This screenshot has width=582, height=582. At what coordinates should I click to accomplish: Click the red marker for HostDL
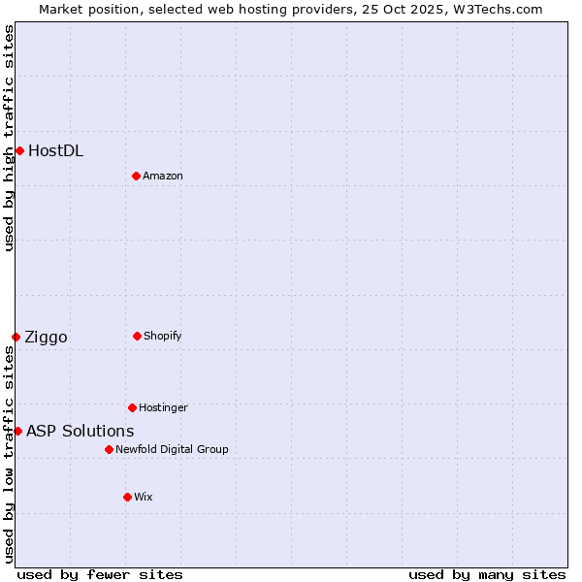(19, 150)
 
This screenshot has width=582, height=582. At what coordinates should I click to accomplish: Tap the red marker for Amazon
(136, 176)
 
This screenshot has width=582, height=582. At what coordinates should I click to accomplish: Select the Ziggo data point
(16, 337)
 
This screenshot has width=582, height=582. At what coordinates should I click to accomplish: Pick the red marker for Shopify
(137, 336)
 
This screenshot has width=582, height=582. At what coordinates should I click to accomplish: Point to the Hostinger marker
(132, 407)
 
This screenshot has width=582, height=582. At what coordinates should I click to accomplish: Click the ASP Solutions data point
(17, 431)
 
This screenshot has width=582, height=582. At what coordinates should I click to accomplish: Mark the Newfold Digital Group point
(109, 449)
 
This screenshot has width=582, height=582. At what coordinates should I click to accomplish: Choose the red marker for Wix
(127, 497)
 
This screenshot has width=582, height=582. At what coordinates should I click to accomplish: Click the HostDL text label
(55, 150)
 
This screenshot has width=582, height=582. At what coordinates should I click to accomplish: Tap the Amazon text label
(163, 176)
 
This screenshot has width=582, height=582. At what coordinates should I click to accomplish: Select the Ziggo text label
(46, 337)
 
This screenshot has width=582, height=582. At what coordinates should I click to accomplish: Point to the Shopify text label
(163, 336)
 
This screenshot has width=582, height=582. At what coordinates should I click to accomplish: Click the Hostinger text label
(163, 407)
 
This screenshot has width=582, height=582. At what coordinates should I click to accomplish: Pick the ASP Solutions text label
(80, 431)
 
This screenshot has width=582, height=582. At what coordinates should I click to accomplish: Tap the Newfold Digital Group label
(172, 449)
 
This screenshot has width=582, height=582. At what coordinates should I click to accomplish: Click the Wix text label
(144, 497)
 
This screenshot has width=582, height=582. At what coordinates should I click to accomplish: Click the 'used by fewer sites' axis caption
(100, 574)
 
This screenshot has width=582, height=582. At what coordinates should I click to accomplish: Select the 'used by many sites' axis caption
(487, 574)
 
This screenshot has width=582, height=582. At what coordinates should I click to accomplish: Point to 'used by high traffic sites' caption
(9, 138)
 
